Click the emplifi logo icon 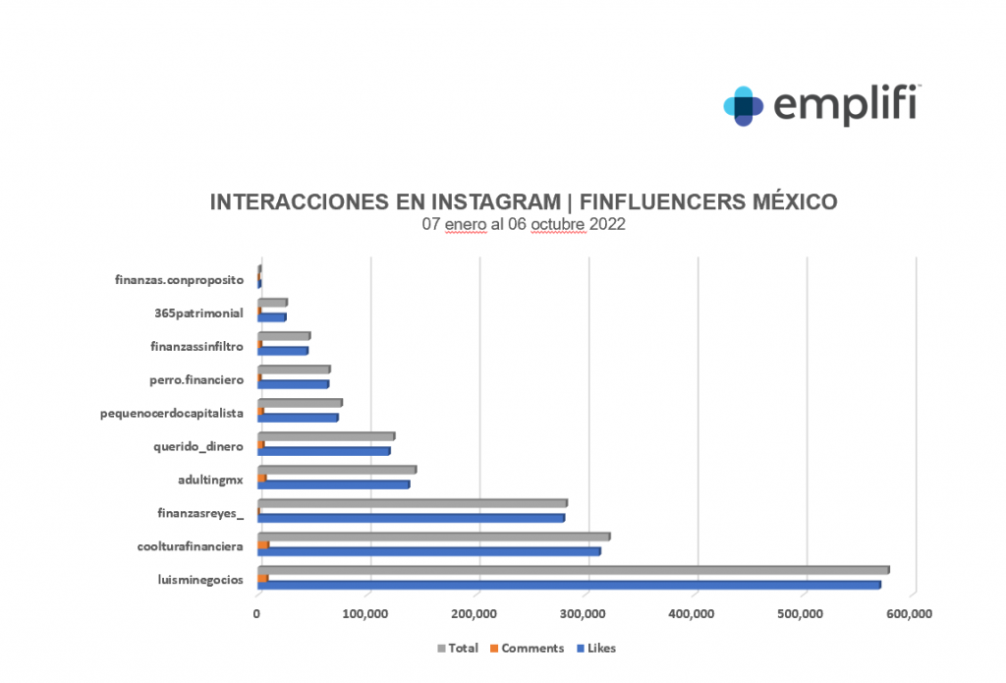coord(744,105)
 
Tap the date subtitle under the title coord(524,224)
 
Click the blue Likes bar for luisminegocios coord(569,586)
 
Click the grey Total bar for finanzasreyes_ coord(413,503)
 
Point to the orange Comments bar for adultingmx coord(262,478)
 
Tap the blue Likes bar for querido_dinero coord(324,451)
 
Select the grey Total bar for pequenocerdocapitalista coord(300,403)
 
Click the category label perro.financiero coord(190,379)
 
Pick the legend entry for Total coord(459,649)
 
